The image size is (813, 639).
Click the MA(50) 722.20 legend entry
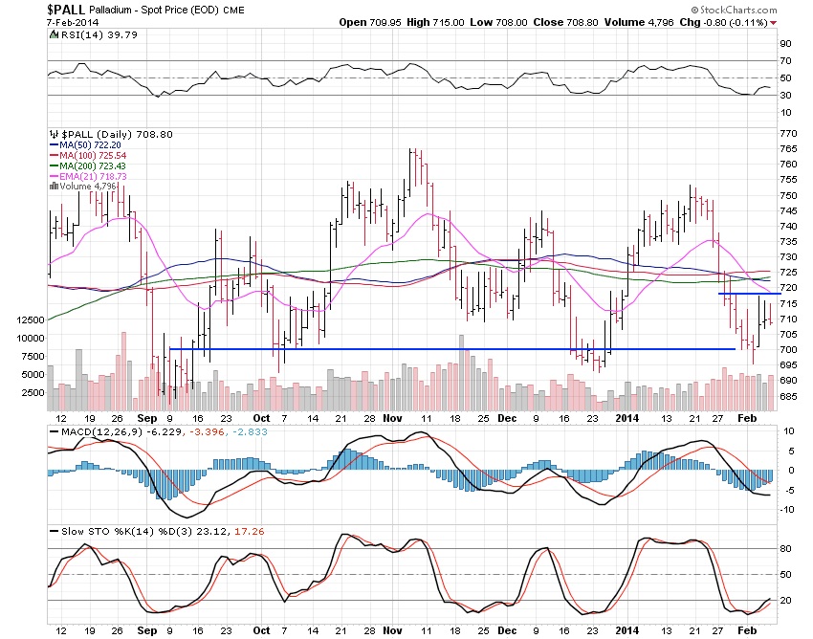(87, 145)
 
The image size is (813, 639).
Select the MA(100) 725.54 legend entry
(90, 156)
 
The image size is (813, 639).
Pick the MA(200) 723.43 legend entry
(90, 166)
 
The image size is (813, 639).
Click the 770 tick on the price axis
(789, 133)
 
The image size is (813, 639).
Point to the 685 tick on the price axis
(789, 396)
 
